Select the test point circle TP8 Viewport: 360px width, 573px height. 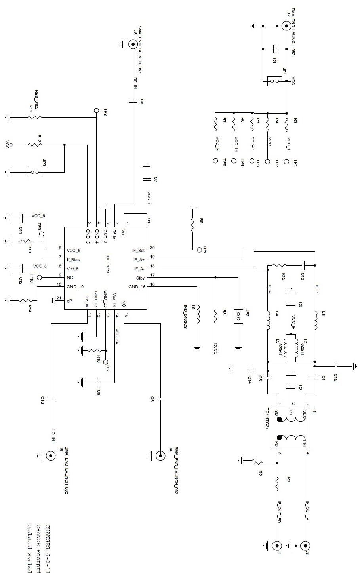tap(96, 110)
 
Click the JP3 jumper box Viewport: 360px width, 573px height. tap(35, 172)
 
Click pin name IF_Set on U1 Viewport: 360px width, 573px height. tap(139, 250)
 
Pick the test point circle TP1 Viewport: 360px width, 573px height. tap(286, 161)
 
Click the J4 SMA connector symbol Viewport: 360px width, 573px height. tap(160, 456)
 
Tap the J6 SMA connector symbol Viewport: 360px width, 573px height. tap(51, 456)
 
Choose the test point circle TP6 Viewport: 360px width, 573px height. tap(199, 250)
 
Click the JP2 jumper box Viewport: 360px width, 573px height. tap(238, 316)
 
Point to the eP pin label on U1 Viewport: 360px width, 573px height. tap(70, 301)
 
